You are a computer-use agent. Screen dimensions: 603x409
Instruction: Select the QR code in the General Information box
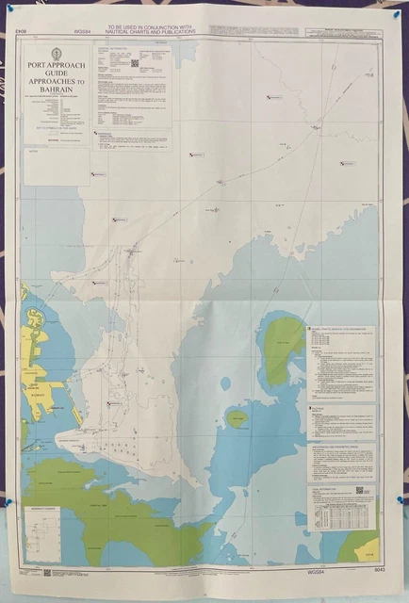tap(134, 63)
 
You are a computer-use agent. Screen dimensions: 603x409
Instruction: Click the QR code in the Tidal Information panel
tap(359, 490)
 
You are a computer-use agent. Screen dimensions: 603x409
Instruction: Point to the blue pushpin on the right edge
tap(400, 499)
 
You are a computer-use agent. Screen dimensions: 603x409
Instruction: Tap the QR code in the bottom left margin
tap(46, 572)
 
